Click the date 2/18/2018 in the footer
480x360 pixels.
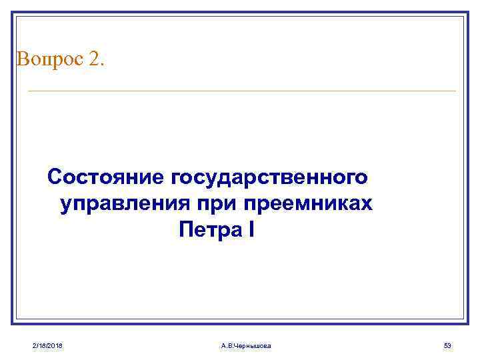click(x=47, y=345)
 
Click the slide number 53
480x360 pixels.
click(x=447, y=345)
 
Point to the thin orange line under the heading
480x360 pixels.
click(x=240, y=91)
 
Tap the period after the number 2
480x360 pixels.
click(x=102, y=64)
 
